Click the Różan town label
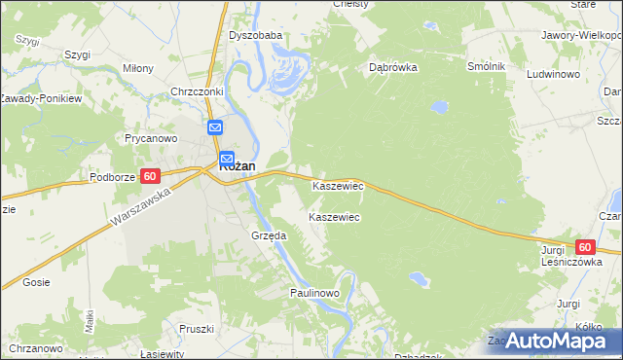coord(238,166)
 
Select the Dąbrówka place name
coord(393,68)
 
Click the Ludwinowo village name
coord(553,74)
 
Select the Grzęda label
coord(268,235)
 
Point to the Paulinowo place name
coord(313,292)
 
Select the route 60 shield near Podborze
coord(149,176)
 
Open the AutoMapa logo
coord(552,341)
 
